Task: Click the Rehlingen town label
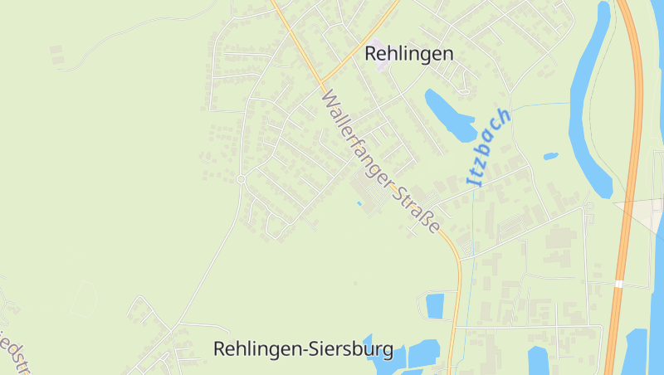(x=409, y=54)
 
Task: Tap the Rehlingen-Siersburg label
(x=303, y=349)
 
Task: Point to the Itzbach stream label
(x=489, y=146)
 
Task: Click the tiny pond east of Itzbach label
(x=550, y=155)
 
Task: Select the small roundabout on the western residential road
(x=241, y=179)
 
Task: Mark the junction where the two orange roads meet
(x=319, y=81)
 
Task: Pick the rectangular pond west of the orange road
(x=435, y=305)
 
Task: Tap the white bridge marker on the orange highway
(x=619, y=284)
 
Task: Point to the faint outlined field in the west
(x=83, y=299)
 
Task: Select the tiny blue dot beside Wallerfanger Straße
(x=359, y=203)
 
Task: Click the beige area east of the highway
(x=643, y=214)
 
